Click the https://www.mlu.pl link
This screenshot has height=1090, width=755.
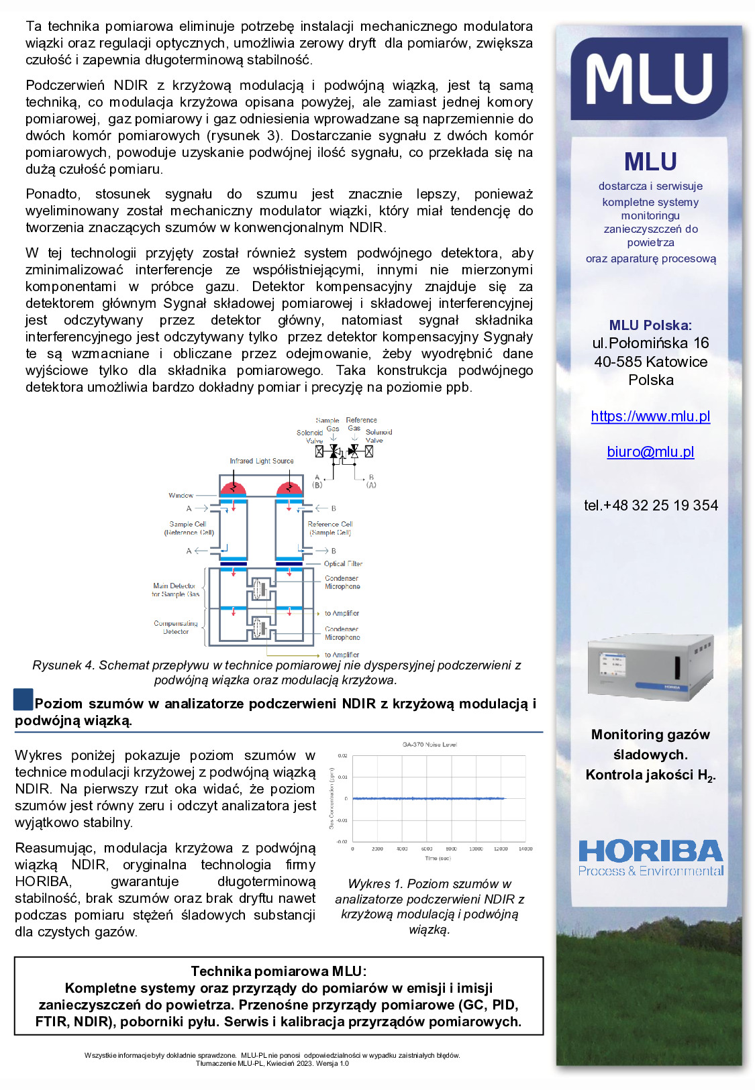click(650, 417)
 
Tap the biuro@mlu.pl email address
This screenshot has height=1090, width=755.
click(650, 452)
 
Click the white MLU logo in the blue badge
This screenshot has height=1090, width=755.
click(649, 79)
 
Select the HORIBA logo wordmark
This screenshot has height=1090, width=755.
click(650, 852)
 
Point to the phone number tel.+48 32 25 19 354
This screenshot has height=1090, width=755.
click(650, 506)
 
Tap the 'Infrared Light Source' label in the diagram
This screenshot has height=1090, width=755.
click(262, 461)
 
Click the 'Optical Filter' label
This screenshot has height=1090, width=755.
click(343, 563)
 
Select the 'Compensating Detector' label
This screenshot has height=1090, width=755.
click(176, 627)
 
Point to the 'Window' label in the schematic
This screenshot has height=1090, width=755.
click(181, 495)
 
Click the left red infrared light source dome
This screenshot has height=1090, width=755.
click(233, 486)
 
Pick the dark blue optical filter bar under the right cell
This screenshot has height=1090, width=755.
click(289, 563)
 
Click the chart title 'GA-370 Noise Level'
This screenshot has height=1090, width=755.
click(430, 745)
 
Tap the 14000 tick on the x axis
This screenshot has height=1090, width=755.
click(525, 849)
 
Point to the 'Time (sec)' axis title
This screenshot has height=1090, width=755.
click(438, 858)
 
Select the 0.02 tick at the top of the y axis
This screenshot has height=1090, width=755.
click(342, 756)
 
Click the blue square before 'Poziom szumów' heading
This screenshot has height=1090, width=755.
click(23, 700)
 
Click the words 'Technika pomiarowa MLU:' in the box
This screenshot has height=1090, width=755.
click(279, 971)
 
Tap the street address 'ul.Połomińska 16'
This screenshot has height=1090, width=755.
click(650, 343)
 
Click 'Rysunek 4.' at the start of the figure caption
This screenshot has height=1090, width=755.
click(63, 665)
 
